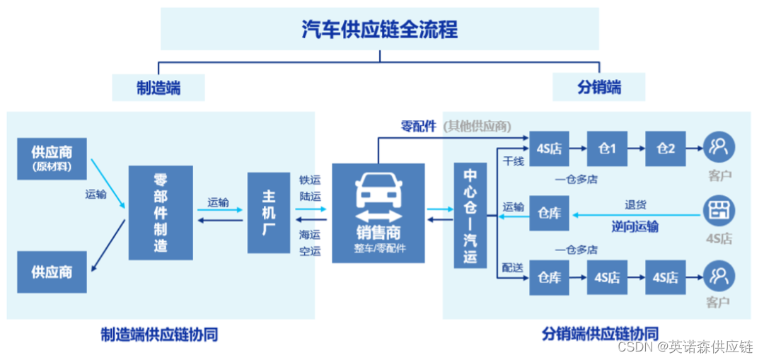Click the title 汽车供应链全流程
(380, 30)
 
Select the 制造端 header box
(158, 88)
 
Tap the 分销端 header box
(598, 88)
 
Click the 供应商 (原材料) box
(52, 158)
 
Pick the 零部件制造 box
(161, 213)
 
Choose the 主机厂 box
(269, 213)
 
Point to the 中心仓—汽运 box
(470, 215)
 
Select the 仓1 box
(607, 149)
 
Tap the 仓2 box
(666, 149)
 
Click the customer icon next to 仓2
(719, 147)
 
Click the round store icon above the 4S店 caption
(719, 211)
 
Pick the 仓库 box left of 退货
(549, 212)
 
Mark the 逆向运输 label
(635, 226)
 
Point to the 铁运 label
(310, 180)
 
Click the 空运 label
(310, 250)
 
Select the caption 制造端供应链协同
(159, 334)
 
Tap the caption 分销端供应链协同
(601, 333)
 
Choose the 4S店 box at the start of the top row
(549, 149)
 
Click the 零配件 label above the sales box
(418, 127)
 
